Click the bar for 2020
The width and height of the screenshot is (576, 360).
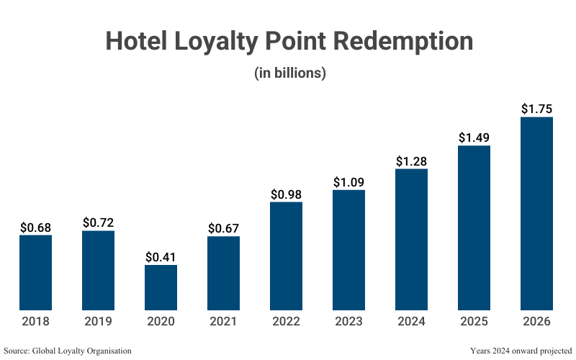(x=161, y=287)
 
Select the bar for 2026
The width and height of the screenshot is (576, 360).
(x=536, y=213)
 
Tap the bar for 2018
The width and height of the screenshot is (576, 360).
(x=35, y=272)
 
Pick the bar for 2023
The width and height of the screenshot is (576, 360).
(x=348, y=250)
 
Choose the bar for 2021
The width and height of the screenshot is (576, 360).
(x=223, y=273)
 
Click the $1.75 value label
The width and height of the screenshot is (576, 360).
(x=536, y=109)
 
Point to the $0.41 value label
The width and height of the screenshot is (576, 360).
(x=161, y=257)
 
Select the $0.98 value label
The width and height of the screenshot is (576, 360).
(x=286, y=194)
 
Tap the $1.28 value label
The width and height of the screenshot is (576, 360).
(x=411, y=161)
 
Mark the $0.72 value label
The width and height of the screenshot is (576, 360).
(x=98, y=222)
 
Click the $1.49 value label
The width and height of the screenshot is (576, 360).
(x=474, y=138)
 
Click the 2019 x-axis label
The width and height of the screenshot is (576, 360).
(x=98, y=321)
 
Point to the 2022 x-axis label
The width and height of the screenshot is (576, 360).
(x=286, y=321)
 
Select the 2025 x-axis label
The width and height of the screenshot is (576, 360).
(x=474, y=321)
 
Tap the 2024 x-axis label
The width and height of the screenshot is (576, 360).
(x=411, y=321)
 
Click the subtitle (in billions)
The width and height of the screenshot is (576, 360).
(x=290, y=73)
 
